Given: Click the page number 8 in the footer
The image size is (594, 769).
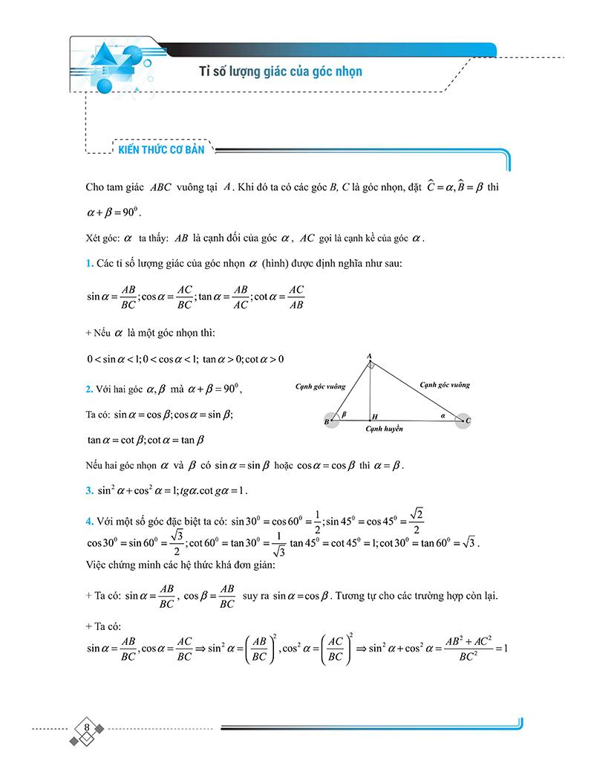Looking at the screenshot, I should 88,727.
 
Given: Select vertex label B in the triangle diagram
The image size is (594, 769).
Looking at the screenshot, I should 326,422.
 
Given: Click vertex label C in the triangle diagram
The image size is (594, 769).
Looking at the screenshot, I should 469,421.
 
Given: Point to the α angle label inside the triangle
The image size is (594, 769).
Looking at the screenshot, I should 443,417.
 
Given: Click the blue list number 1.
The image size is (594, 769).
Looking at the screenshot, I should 89,264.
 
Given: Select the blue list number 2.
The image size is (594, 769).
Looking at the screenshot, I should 89,389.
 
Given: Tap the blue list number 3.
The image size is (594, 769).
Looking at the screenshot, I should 89,491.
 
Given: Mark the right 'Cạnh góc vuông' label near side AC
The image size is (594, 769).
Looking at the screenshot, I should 444,385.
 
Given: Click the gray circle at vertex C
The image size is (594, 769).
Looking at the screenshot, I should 463,421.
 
